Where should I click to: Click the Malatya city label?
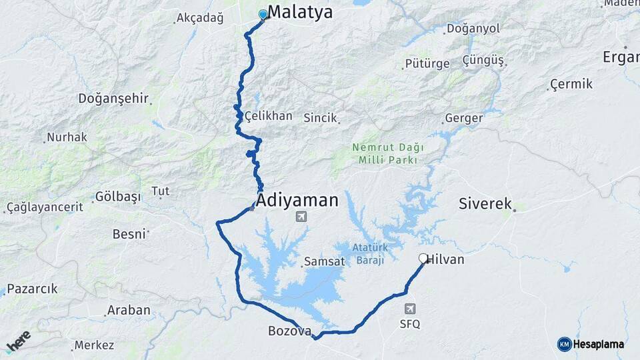(300, 13)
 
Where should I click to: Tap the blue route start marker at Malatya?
(263, 15)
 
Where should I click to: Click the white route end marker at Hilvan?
(423, 258)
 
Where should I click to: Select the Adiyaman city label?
(297, 200)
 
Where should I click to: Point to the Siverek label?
(485, 203)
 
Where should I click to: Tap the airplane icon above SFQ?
(410, 309)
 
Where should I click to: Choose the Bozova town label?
(289, 330)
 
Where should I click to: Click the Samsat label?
(324, 261)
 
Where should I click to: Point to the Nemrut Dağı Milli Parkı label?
(387, 153)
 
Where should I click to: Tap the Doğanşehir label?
(113, 99)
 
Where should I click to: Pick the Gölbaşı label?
(118, 197)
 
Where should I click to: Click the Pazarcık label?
(32, 289)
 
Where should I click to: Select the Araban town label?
(129, 310)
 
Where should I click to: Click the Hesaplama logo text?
(598, 344)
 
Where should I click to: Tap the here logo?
(18, 340)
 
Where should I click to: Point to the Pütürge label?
(427, 64)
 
